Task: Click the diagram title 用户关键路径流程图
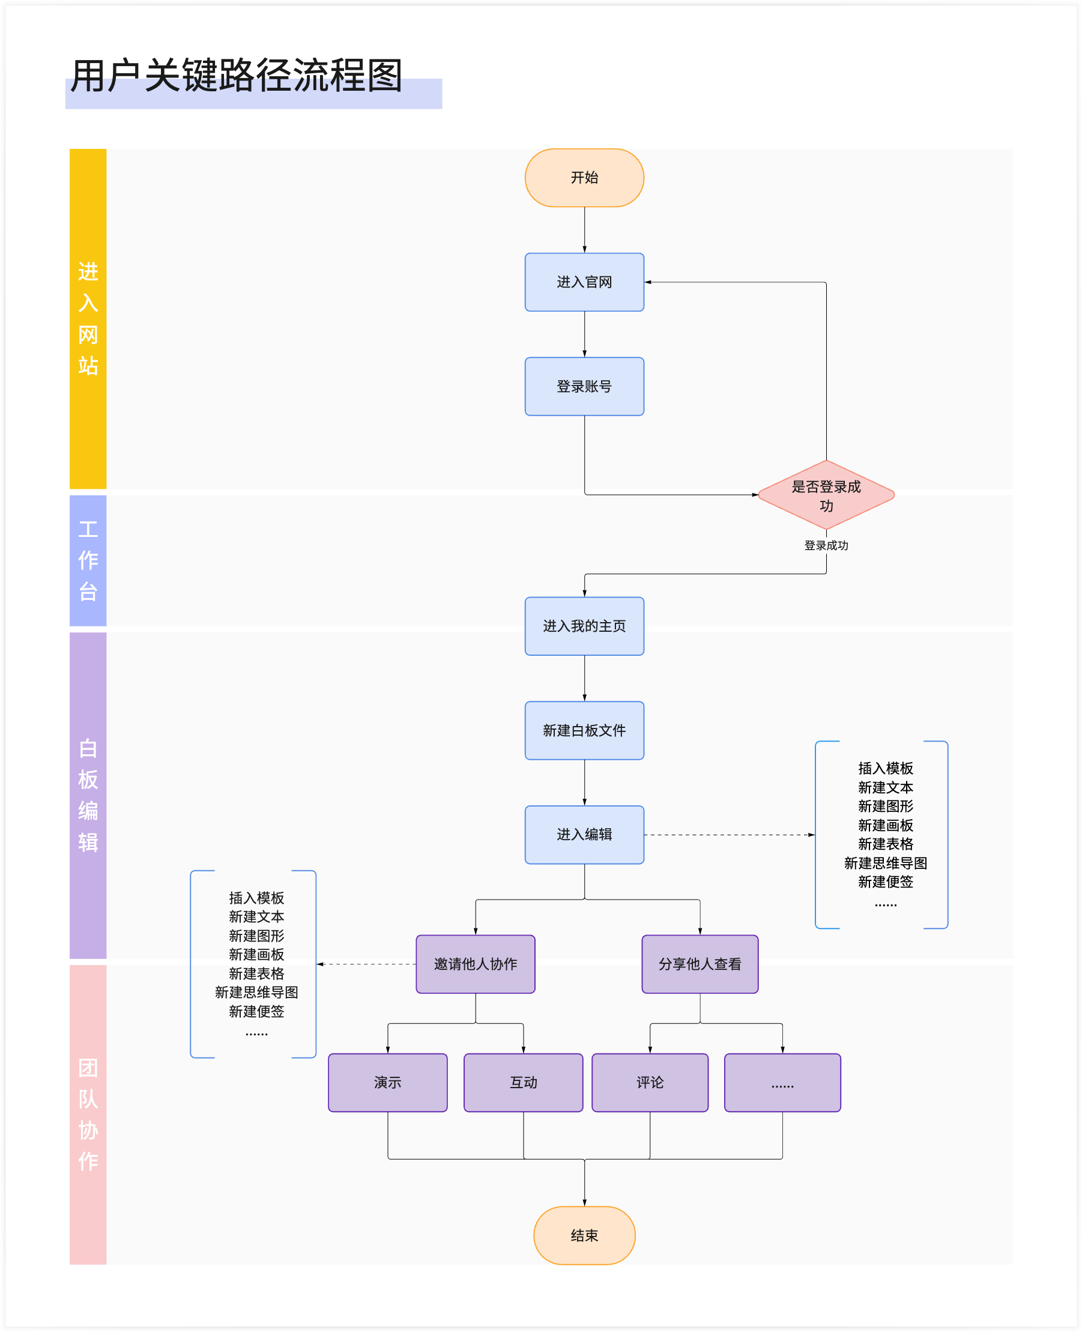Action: [x=236, y=76]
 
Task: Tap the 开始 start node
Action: [x=584, y=178]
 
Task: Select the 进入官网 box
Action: [x=584, y=282]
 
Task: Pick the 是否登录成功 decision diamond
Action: [x=826, y=495]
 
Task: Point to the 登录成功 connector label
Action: [x=826, y=545]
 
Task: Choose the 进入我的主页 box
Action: [x=584, y=626]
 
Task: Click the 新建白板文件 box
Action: [x=584, y=730]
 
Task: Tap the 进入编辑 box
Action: [x=584, y=834]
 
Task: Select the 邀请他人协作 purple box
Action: [x=476, y=964]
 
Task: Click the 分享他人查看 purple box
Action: [x=700, y=964]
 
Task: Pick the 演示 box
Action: [x=388, y=1082]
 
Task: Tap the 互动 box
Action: [x=524, y=1082]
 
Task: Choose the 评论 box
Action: [x=650, y=1082]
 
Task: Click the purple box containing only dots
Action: [x=782, y=1082]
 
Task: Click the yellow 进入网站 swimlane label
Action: [x=88, y=318]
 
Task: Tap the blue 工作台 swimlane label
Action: [x=88, y=560]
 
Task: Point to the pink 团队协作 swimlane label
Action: [x=88, y=1114]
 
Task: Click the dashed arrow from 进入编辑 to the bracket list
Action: [x=729, y=835]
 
